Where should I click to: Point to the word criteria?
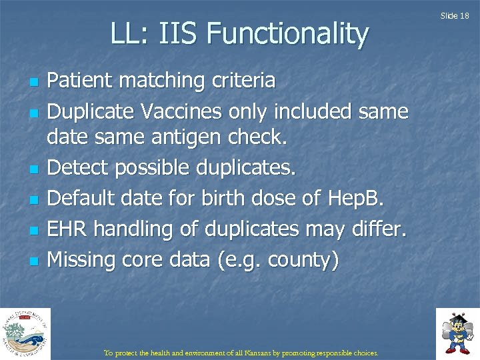pyautogui.click(x=243, y=81)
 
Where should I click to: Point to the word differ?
pyautogui.click(x=375, y=229)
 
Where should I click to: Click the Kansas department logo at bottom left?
pyautogui.click(x=25, y=333)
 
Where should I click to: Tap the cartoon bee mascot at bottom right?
pyautogui.click(x=457, y=332)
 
